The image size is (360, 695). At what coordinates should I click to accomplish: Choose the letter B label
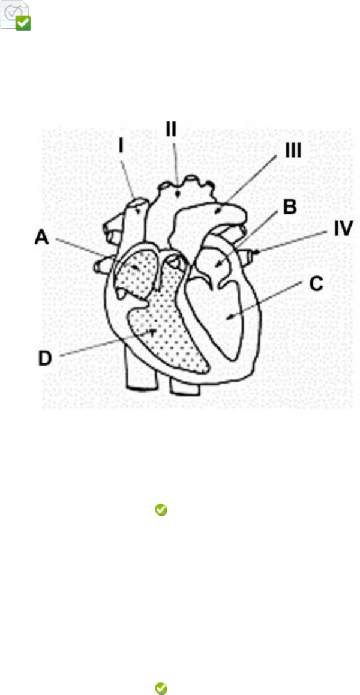[x=289, y=208]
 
